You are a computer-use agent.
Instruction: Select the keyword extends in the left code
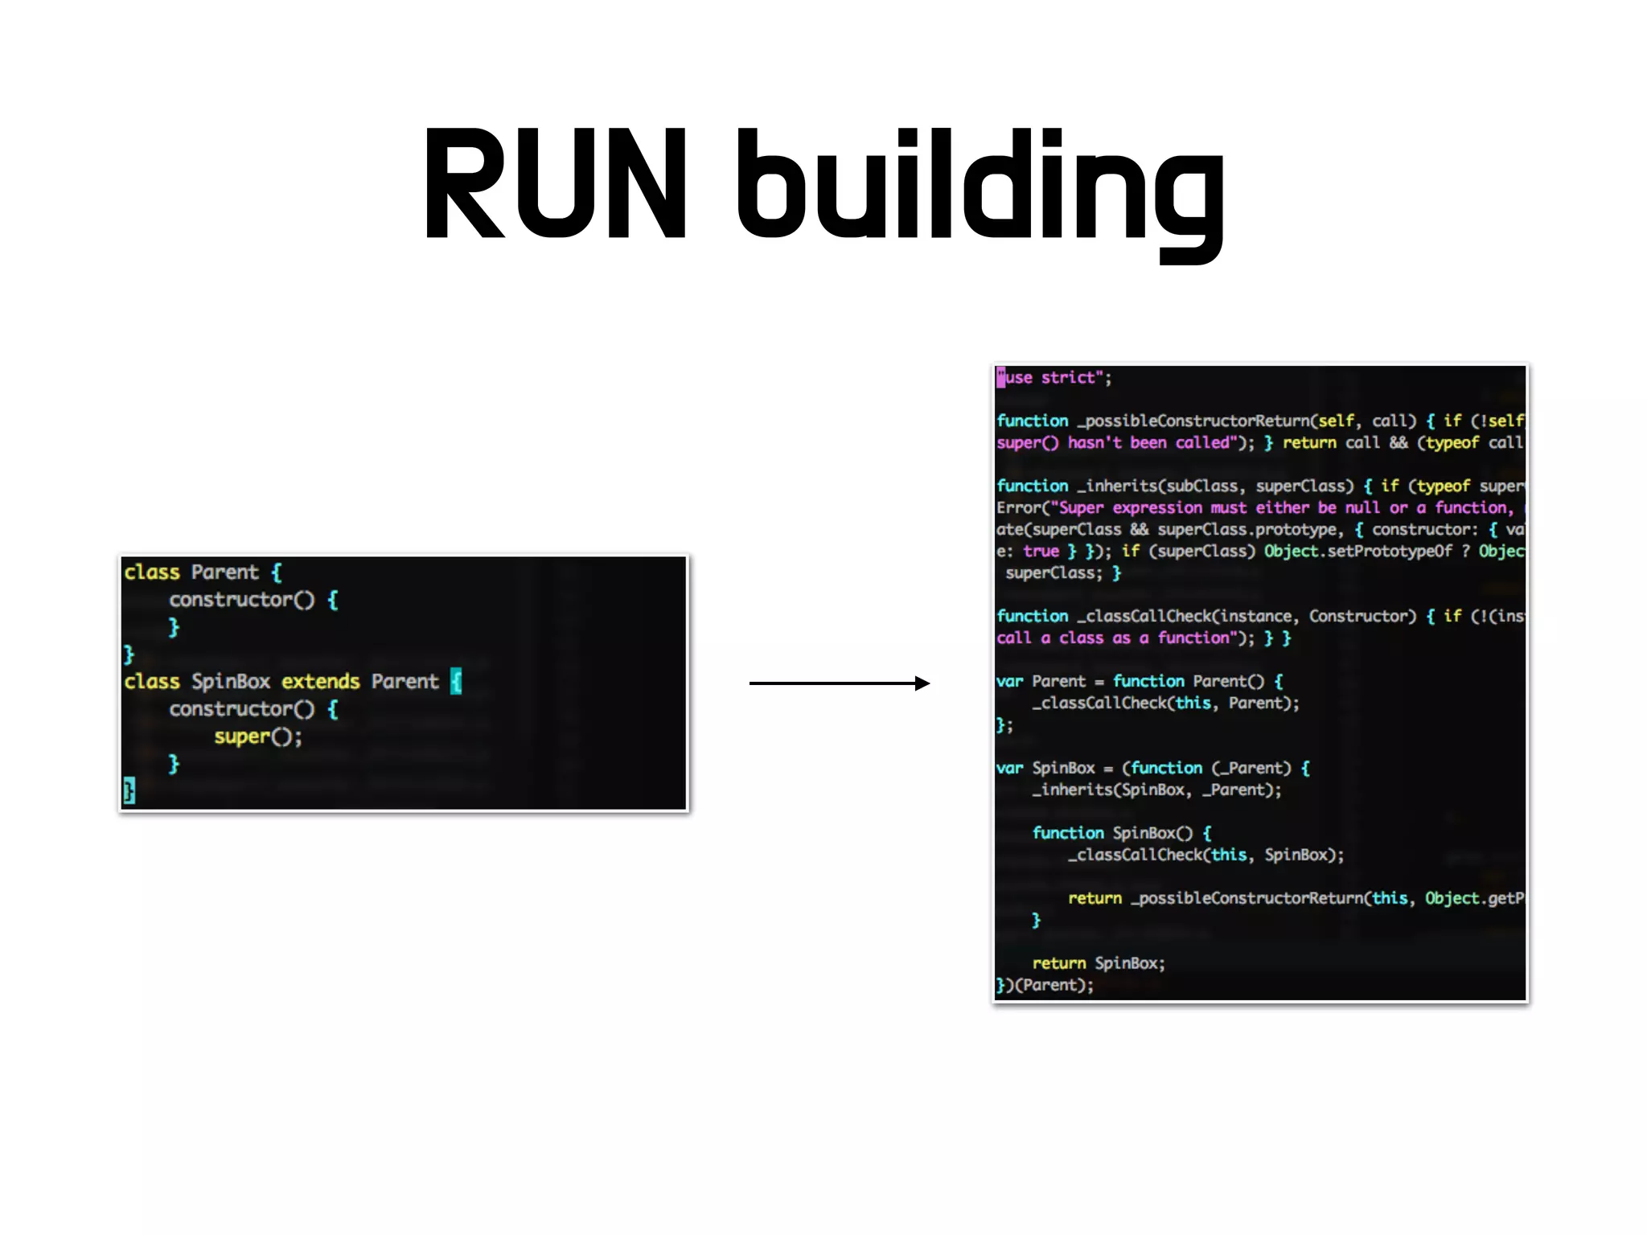(320, 682)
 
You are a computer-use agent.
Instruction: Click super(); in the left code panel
(257, 736)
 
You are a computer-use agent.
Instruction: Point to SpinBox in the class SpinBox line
(230, 682)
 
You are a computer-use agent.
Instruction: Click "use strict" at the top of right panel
(1053, 378)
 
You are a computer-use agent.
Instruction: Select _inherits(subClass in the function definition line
(1158, 486)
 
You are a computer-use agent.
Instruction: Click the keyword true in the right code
(1041, 552)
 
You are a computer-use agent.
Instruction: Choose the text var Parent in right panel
(1041, 682)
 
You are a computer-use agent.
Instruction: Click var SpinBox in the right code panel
(1045, 769)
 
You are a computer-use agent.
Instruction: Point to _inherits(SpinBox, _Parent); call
(1156, 790)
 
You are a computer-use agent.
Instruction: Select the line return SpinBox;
(1098, 963)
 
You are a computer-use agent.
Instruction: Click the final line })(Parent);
(1045, 986)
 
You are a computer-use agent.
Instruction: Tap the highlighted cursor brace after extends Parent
(456, 682)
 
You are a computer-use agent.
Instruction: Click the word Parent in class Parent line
(224, 572)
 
